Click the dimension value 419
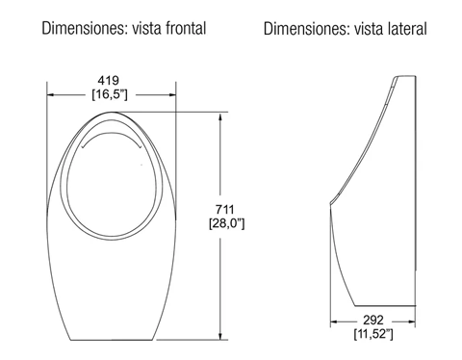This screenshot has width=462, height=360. (x=109, y=80)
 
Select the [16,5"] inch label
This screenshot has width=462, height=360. (x=110, y=94)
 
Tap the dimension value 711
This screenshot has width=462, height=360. (x=224, y=210)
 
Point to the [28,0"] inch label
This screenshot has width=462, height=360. (x=227, y=223)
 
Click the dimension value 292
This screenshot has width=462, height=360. (x=373, y=320)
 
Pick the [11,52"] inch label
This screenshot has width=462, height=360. (x=373, y=334)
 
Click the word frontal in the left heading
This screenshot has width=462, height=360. (x=186, y=28)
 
